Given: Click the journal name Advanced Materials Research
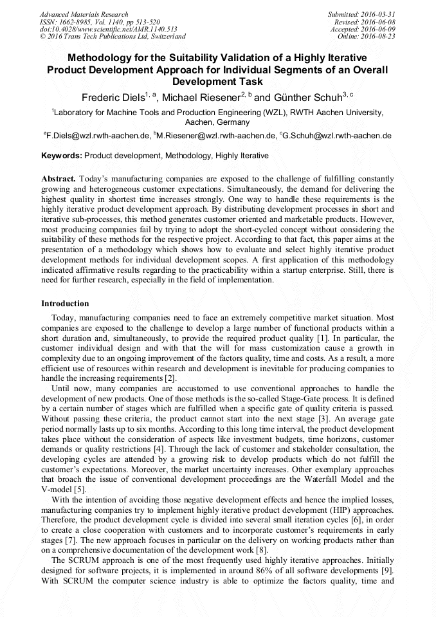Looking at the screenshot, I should point(84,14).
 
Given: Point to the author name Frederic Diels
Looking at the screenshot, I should point(113,98).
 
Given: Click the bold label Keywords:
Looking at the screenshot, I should point(62,156).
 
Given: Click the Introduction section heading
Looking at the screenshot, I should point(65,303).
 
